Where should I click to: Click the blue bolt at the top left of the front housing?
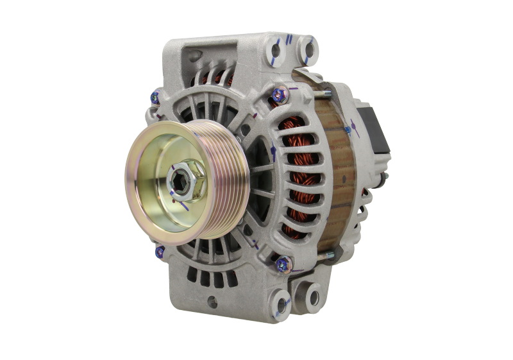point(156,99)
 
